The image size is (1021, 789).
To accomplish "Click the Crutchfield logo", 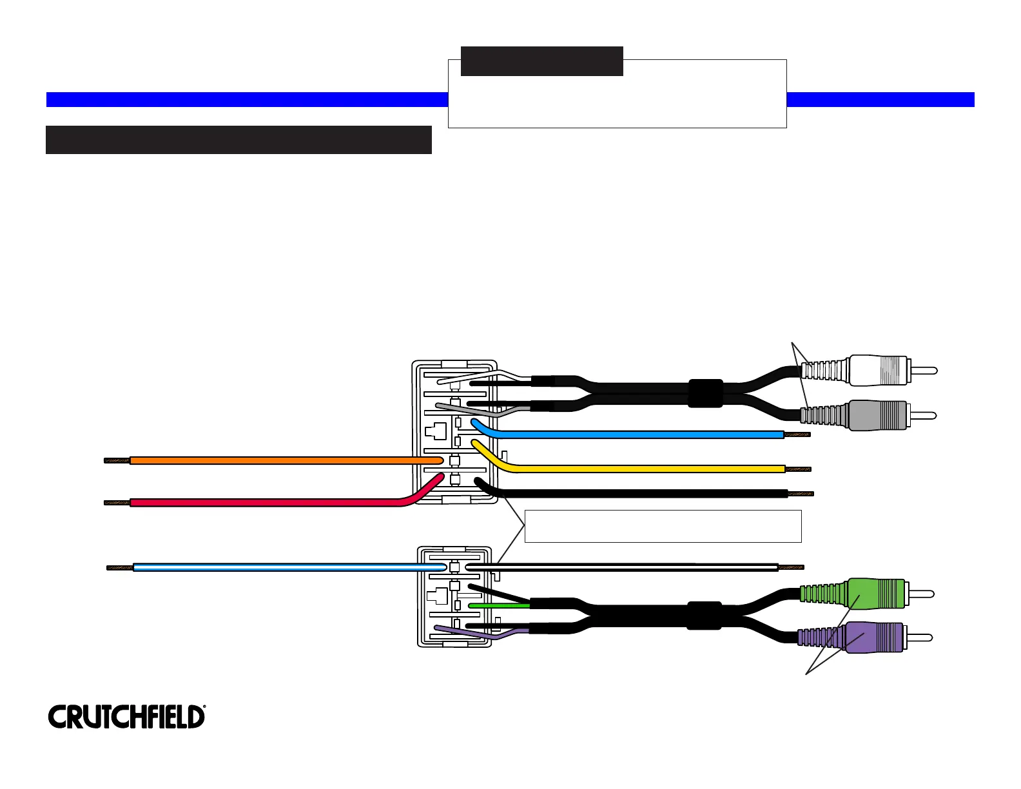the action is point(126,717).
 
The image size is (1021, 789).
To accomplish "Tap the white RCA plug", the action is point(870,370).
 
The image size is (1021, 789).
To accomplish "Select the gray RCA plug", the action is point(869,415).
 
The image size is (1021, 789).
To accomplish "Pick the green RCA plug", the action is point(867,594).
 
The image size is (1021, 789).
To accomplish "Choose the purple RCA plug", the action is point(865,638).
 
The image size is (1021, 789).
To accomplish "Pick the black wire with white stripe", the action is point(621,567).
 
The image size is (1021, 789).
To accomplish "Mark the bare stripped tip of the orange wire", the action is point(117,460).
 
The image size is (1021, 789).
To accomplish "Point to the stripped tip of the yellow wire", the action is point(798,469).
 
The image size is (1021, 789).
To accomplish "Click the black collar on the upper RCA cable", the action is point(706,393).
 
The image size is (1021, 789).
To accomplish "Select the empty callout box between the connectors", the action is point(663,526).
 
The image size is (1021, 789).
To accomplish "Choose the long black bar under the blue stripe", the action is point(238,140).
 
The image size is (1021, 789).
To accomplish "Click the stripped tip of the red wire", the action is point(117,503).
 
